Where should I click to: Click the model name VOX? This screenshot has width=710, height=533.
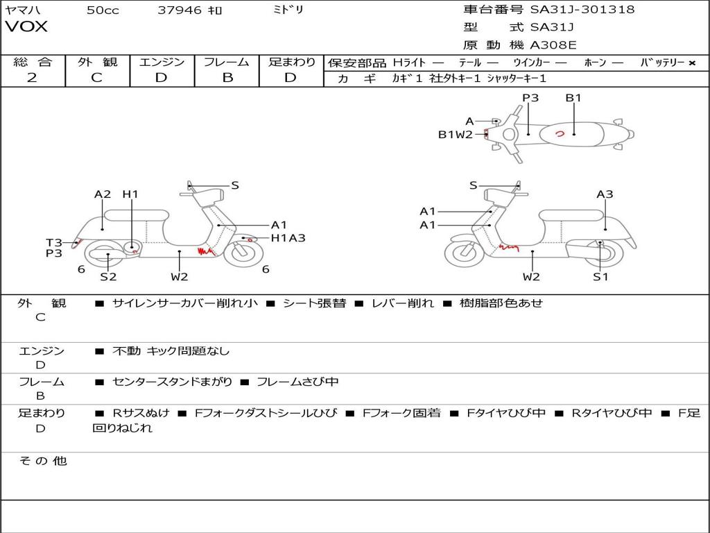(x=27, y=27)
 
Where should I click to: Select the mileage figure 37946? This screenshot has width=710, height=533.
(x=180, y=10)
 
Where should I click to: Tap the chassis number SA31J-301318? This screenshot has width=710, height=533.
(x=582, y=10)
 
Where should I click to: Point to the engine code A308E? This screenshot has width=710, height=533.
(x=553, y=46)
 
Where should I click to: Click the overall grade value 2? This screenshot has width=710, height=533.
(x=32, y=78)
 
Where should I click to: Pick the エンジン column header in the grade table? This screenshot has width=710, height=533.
(x=162, y=62)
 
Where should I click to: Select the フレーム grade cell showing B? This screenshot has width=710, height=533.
(x=227, y=78)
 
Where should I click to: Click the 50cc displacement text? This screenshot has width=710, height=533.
(x=103, y=10)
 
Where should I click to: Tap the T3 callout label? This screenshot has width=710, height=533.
(x=54, y=242)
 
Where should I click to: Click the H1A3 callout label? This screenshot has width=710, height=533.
(x=288, y=238)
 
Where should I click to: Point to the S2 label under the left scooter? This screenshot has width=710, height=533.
(x=108, y=277)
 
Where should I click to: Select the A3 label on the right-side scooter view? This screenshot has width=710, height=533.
(x=605, y=194)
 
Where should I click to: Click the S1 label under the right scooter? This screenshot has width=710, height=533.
(x=600, y=277)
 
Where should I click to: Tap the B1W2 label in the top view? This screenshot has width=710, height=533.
(x=455, y=135)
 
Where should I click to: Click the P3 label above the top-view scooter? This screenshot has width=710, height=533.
(x=530, y=98)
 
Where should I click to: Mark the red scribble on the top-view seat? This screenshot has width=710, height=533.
(x=560, y=133)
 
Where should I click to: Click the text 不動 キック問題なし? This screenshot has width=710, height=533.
(x=171, y=351)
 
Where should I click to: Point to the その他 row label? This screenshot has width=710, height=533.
(x=42, y=461)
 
